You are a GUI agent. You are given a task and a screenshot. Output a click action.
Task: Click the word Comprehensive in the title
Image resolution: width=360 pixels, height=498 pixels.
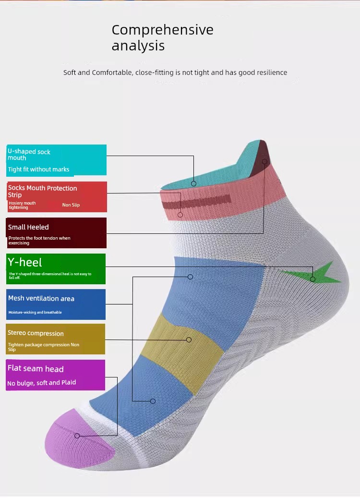[163, 30]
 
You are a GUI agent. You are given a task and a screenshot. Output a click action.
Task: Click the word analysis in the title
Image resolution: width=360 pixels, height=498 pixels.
[138, 46]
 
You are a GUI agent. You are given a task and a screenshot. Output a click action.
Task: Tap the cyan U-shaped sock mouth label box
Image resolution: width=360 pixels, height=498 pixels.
[57, 160]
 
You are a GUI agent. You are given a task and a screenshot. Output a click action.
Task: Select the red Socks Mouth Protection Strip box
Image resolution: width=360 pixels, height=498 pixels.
[57, 197]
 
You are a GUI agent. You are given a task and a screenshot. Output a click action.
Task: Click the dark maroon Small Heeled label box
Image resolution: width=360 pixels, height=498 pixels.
[57, 233]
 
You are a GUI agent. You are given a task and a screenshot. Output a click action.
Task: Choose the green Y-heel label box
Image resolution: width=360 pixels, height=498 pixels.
[56, 269]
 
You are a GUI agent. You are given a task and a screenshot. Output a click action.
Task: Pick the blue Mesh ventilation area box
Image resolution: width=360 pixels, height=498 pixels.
[56, 304]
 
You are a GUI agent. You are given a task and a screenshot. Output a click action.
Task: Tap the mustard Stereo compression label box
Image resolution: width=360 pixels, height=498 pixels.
[56, 339]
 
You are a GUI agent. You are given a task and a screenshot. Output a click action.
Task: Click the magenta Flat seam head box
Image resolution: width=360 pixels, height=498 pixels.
[56, 375]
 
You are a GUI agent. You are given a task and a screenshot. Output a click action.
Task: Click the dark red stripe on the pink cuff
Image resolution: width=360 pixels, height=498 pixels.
[196, 202]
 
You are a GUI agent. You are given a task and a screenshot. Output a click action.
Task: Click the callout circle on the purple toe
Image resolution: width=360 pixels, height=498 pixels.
[77, 436]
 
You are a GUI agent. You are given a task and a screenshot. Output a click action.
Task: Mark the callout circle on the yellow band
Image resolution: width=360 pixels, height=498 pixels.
[189, 340]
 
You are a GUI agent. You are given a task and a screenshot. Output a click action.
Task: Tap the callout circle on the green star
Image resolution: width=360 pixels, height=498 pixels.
[312, 279]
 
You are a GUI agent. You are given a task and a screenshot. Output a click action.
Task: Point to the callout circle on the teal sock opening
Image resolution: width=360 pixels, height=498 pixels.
[193, 183]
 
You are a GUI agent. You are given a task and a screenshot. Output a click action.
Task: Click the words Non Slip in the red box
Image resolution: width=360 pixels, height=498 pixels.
[71, 205]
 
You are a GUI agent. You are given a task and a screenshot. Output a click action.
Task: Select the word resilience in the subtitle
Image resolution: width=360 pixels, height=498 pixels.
[272, 73]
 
